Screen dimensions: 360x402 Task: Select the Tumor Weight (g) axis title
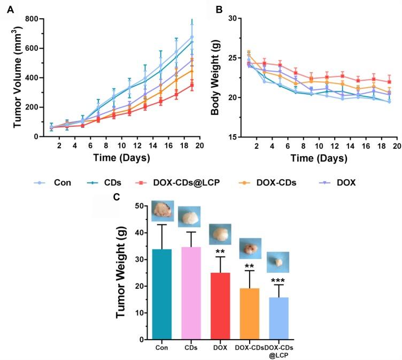coord(121,273)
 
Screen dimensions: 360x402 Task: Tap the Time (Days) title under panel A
coord(120,158)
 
